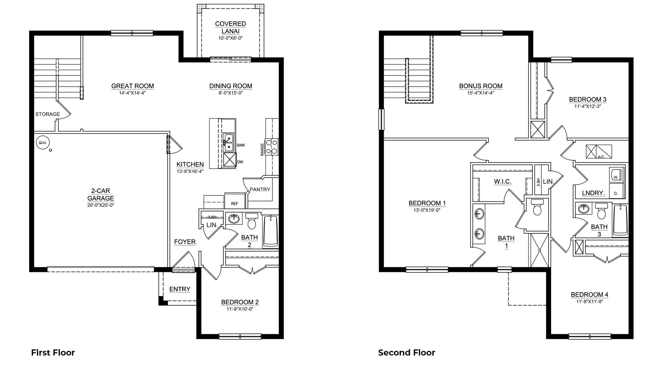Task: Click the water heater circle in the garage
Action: click(x=42, y=143)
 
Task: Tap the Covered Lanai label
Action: click(x=230, y=27)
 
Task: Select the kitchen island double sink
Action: click(x=229, y=142)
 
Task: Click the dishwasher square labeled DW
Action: click(x=230, y=159)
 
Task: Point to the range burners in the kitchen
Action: click(x=271, y=147)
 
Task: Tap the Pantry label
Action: click(x=260, y=189)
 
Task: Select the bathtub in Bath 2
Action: click(x=271, y=231)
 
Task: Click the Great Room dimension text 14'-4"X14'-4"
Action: click(x=132, y=93)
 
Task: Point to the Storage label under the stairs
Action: click(x=47, y=114)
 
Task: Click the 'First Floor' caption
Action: click(x=53, y=352)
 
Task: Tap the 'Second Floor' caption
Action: click(x=407, y=352)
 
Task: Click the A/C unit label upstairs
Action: click(x=601, y=157)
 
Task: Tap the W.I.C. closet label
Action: click(x=503, y=182)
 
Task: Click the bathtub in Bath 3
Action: click(x=620, y=219)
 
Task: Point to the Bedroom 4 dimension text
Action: click(x=589, y=301)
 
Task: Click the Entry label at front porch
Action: click(x=180, y=289)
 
